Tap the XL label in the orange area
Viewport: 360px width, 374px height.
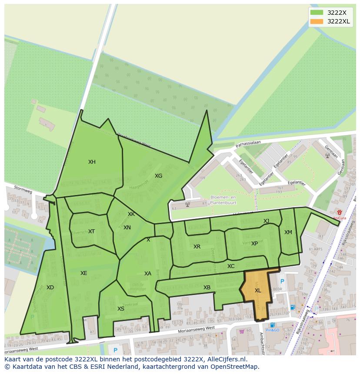(x=258, y=291)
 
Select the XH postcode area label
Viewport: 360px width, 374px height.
(x=92, y=162)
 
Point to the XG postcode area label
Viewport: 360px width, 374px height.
(x=158, y=176)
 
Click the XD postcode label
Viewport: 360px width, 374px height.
(x=50, y=288)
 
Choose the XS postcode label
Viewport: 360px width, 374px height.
(x=121, y=309)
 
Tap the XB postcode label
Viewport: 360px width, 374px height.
(x=207, y=288)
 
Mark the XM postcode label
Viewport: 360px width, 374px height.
(x=288, y=232)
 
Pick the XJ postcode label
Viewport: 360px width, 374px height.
(x=266, y=221)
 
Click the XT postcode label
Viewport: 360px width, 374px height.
(x=91, y=232)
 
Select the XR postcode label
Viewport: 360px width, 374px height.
(x=197, y=247)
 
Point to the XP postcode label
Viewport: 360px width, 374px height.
(x=254, y=244)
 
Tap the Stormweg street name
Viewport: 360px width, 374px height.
(x=23, y=190)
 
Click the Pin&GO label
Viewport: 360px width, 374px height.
(x=273, y=330)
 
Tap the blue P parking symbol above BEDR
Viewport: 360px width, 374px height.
(x=282, y=281)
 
